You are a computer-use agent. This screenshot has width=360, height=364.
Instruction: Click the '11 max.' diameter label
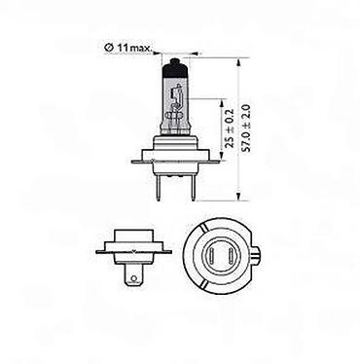[134, 49]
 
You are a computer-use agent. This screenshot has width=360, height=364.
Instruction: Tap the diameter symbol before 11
[109, 48]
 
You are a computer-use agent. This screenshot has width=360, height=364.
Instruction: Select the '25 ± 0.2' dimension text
[229, 128]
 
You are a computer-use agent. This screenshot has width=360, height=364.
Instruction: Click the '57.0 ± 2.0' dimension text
[247, 128]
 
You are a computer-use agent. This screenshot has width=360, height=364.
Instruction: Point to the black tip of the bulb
[175, 61]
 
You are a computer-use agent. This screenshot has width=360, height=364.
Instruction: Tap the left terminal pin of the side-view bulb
[159, 188]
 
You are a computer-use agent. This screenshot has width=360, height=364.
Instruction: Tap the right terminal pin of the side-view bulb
[194, 188]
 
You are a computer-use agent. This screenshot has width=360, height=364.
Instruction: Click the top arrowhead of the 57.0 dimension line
[238, 62]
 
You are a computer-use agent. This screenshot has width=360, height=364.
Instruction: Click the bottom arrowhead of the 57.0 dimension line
[238, 196]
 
